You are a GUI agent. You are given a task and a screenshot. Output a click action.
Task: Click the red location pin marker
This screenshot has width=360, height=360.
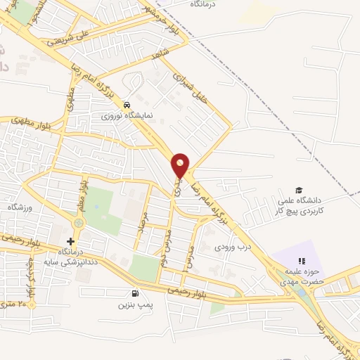pos(181,165)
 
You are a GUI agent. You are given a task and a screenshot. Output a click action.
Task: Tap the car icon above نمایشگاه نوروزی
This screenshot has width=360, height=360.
pos(126,104)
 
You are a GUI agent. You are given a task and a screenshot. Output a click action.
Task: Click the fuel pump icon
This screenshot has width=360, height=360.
pos(134,293)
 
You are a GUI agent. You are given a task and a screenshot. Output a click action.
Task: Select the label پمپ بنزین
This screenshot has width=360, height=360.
pos(134,304)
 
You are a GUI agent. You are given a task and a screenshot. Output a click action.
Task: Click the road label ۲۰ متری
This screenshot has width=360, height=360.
pos(22,304)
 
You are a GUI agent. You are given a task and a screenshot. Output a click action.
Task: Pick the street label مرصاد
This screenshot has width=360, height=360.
pos(143,224)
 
